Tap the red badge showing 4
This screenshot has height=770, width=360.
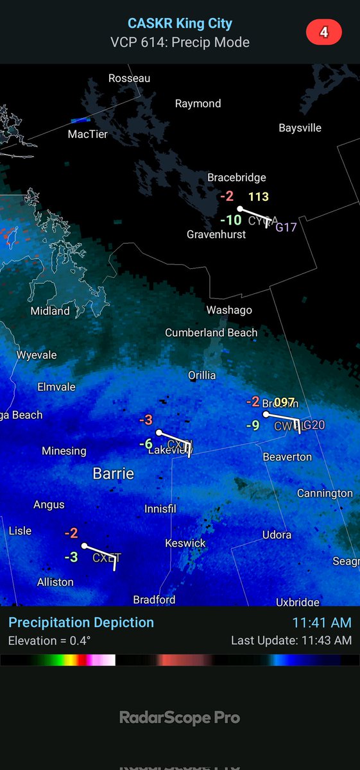324,32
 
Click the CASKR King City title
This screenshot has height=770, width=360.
180,24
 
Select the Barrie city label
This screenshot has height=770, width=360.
114,474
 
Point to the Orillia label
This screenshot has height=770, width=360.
201,375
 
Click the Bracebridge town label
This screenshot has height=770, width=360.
236,178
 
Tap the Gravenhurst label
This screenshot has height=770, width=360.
216,234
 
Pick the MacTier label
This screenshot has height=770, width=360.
88,135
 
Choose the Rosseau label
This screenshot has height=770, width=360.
129,78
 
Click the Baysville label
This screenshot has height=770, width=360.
300,128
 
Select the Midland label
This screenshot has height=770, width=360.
50,311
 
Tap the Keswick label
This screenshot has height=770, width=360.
185,543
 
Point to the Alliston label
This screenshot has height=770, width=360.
55,582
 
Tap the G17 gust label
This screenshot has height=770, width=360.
286,227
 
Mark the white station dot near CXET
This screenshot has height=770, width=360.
84,546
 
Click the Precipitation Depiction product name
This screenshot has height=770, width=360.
81,622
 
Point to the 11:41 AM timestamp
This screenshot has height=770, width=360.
321,622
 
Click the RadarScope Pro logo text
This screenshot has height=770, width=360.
180,717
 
